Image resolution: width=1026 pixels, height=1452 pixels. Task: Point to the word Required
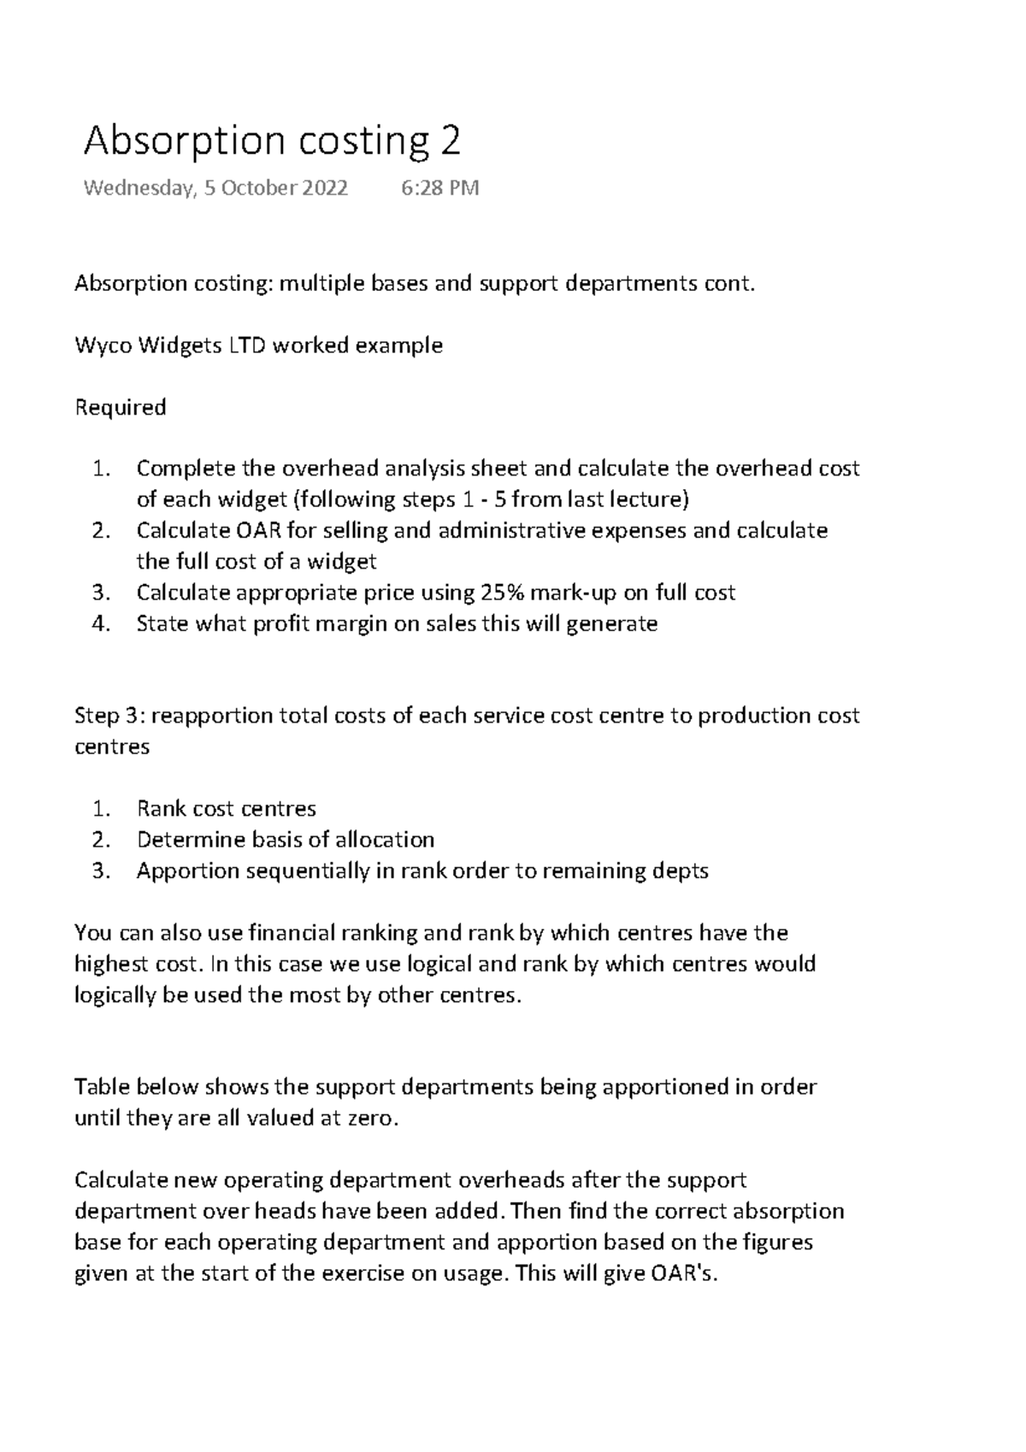(120, 408)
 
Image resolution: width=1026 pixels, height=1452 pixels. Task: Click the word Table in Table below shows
(100, 1087)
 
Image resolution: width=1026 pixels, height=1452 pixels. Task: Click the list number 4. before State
(102, 623)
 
